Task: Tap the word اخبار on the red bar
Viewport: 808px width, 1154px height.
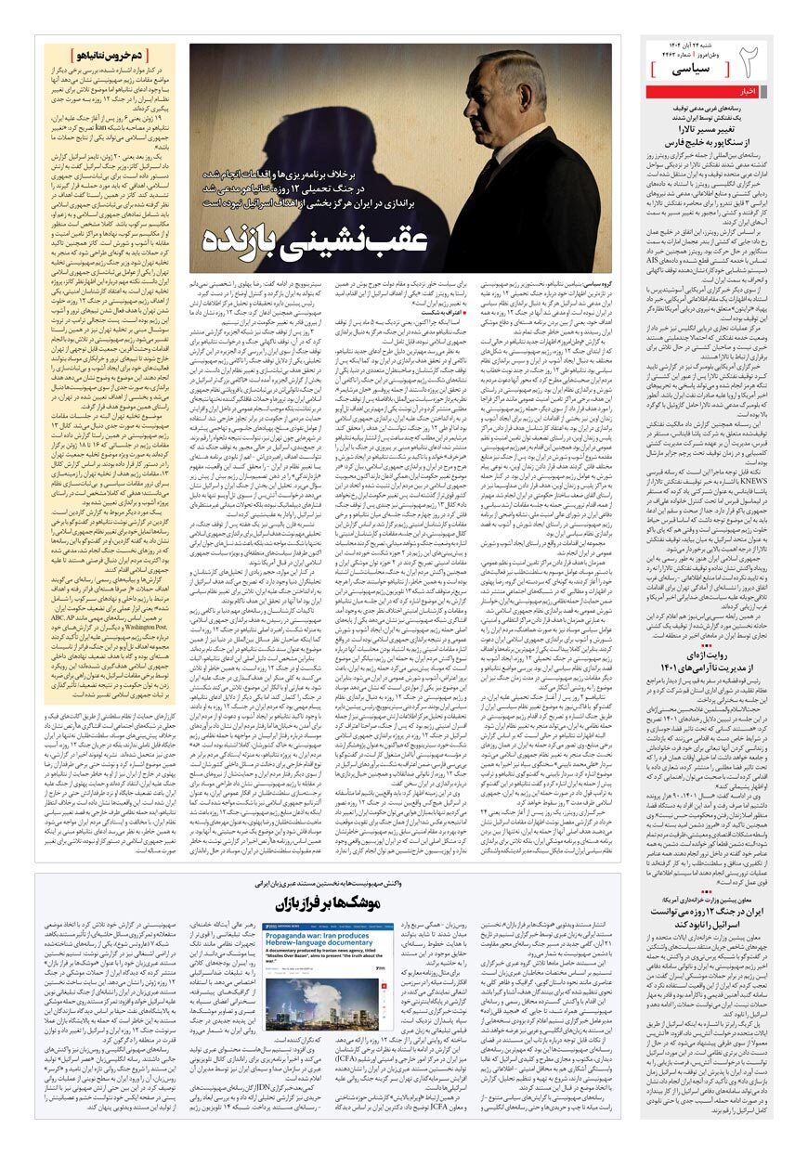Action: tap(746, 92)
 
